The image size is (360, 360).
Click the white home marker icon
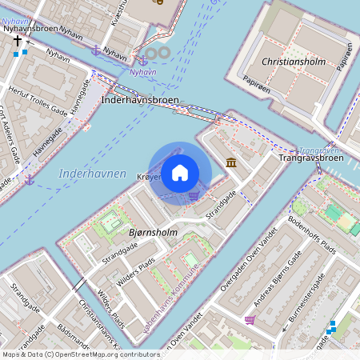[x=180, y=173]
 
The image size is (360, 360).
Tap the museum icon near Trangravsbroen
[x=231, y=163]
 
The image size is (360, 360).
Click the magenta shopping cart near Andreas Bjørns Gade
[x=250, y=320]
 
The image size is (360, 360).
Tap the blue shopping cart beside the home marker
[x=194, y=194]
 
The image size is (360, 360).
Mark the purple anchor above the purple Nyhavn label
[x=96, y=50]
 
